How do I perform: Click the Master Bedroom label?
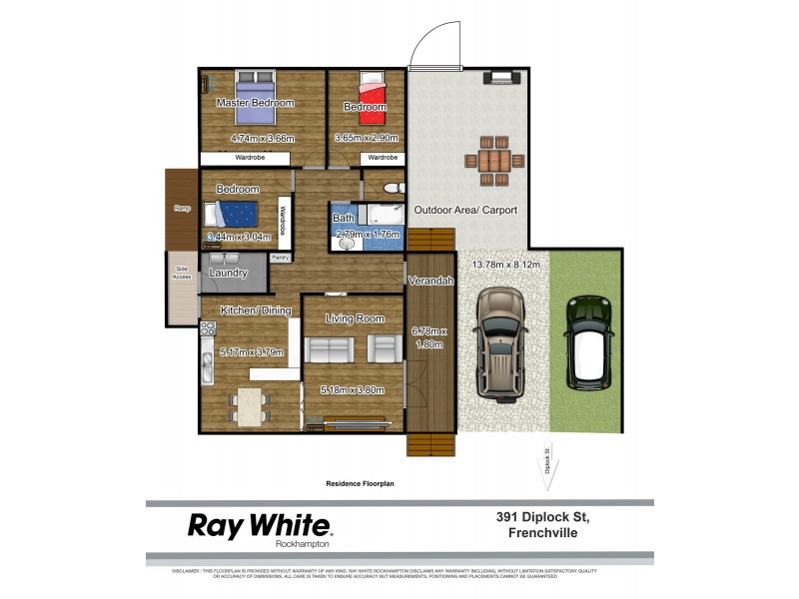pyautogui.click(x=256, y=103)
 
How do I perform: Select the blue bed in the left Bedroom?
pyautogui.click(x=232, y=213)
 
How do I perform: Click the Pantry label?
pyautogui.click(x=281, y=257)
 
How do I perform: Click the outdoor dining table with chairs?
pyautogui.click(x=494, y=160)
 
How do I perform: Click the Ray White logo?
pyautogui.click(x=260, y=526)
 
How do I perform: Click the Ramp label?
pyautogui.click(x=183, y=208)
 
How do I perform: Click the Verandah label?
pyautogui.click(x=431, y=282)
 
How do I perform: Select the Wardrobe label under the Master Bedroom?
pyautogui.click(x=250, y=158)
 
